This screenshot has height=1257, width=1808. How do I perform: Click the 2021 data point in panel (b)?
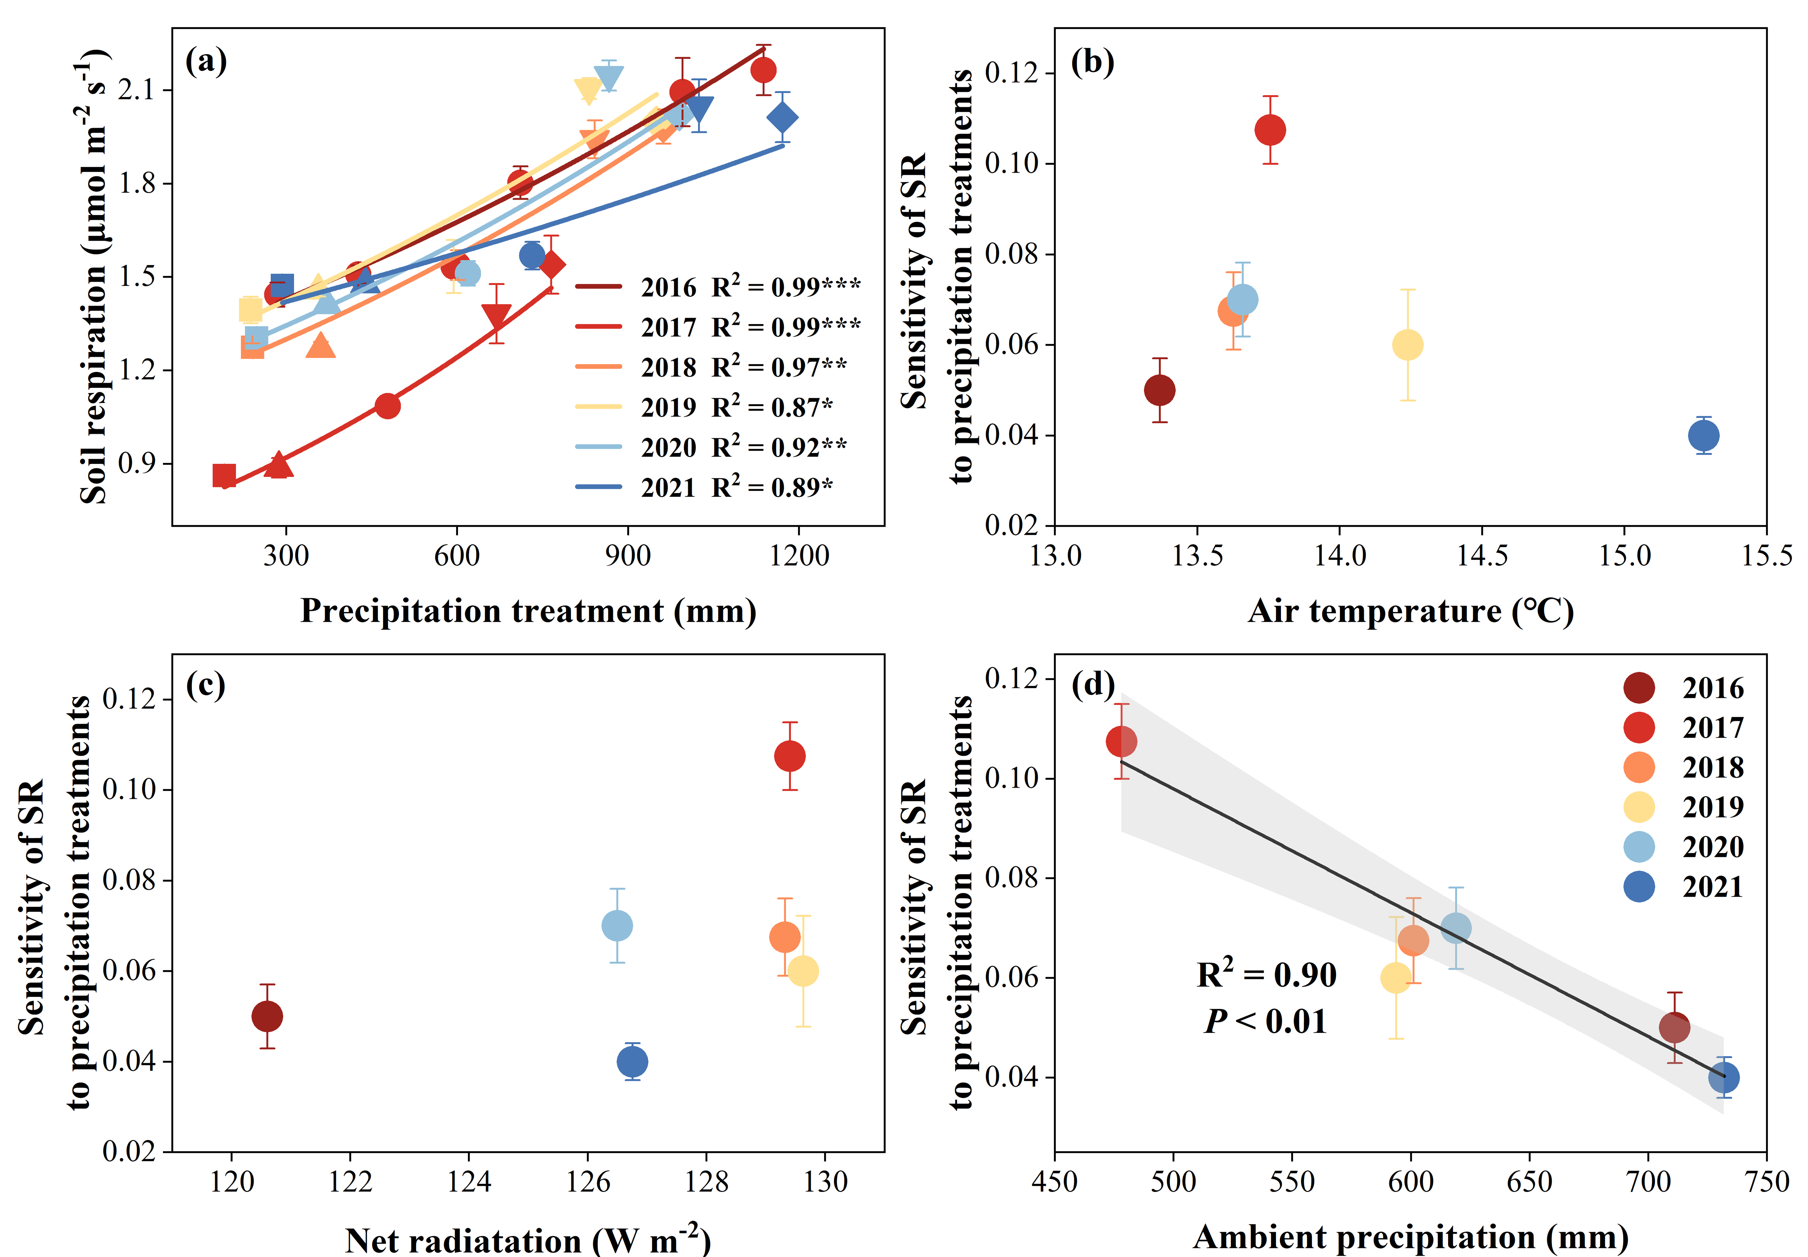click(1703, 435)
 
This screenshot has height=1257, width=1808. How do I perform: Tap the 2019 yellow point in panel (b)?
click(1407, 345)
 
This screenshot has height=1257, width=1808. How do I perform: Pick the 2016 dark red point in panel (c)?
click(267, 1017)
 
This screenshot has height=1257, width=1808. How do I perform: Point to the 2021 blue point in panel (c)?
click(632, 1062)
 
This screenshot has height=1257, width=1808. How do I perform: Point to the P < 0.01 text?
click(1265, 1022)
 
